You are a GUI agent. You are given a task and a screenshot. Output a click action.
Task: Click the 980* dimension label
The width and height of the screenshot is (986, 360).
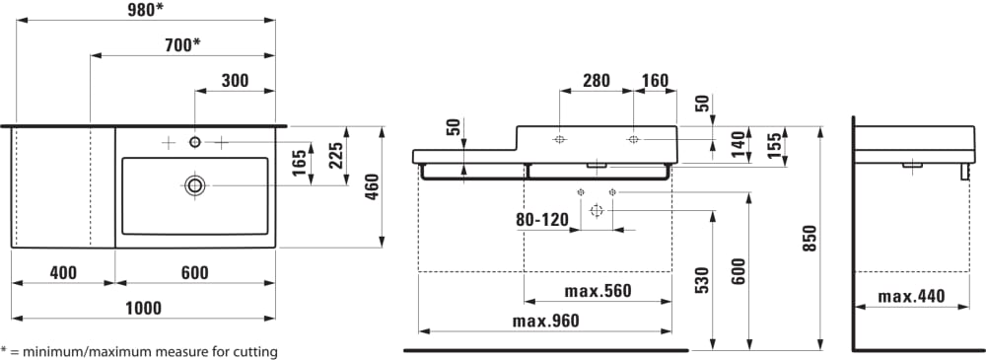[x=146, y=10]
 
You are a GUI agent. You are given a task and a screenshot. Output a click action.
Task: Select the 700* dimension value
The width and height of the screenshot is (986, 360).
[x=182, y=44]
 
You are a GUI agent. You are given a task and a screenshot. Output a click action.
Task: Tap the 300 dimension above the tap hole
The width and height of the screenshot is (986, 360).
[x=235, y=81]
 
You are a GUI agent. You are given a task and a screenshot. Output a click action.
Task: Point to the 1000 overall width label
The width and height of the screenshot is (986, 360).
[x=143, y=309]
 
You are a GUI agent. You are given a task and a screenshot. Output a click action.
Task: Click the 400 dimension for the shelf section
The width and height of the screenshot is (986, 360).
[x=63, y=273]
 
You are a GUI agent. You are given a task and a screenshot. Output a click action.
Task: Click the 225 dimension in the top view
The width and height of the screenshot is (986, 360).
[x=336, y=156]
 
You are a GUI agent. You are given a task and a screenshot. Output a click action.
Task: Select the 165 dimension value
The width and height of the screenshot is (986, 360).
[x=300, y=163]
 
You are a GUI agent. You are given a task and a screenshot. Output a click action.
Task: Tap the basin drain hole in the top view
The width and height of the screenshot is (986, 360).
[x=195, y=185]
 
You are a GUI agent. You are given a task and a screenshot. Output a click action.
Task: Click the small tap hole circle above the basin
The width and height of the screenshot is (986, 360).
[x=195, y=142]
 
